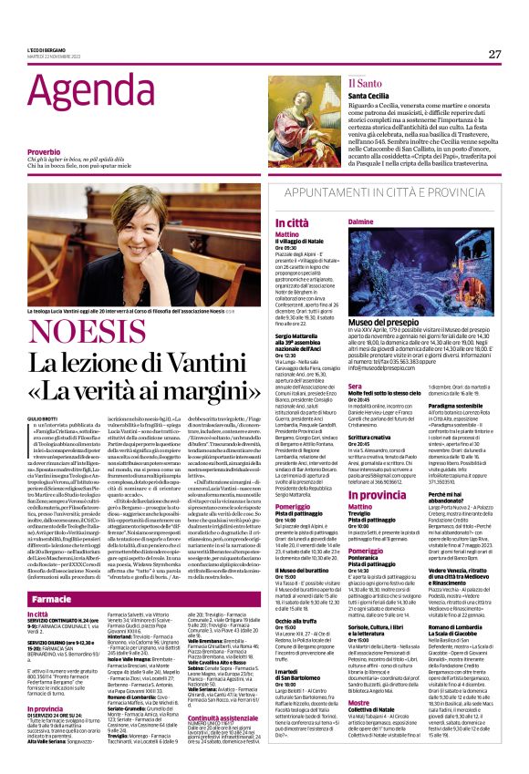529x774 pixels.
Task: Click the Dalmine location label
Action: pyautogui.click(x=363, y=222)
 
